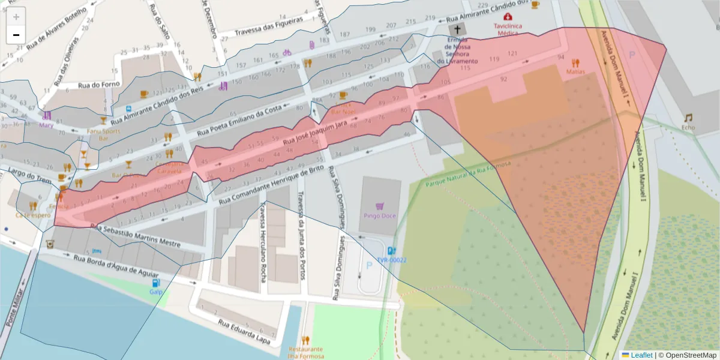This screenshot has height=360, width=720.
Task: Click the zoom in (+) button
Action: point(16,17)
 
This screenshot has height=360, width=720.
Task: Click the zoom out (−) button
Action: point(16,35)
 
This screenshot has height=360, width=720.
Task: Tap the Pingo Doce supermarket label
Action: point(379,215)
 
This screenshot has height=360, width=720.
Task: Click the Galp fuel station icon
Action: point(156,283)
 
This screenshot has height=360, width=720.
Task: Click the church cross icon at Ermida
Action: point(457,29)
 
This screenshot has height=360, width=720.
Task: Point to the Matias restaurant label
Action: point(575,71)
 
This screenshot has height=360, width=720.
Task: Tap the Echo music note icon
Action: point(688,118)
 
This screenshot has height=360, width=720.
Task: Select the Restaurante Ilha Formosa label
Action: point(305,352)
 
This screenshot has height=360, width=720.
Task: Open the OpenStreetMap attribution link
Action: point(688,355)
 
